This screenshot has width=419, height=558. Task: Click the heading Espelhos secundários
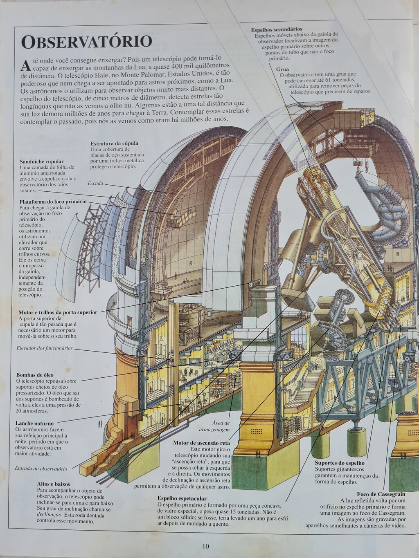tap(277, 29)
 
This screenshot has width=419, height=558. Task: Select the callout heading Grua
tap(282, 69)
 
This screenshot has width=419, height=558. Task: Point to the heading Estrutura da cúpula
tap(114, 143)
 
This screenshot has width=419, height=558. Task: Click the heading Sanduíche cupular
tap(42, 161)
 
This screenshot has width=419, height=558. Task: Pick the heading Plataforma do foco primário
tap(53, 202)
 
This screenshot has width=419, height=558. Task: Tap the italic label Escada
tap(95, 183)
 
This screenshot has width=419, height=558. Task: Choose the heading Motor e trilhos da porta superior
tap(58, 312)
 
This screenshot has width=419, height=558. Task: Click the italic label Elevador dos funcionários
tap(45, 348)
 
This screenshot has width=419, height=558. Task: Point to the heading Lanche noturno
tap(35, 423)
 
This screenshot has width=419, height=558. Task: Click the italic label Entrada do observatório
tap(41, 468)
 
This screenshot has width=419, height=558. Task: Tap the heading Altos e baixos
tap(54, 484)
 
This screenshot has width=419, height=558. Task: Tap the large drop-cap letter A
tap(26, 65)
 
